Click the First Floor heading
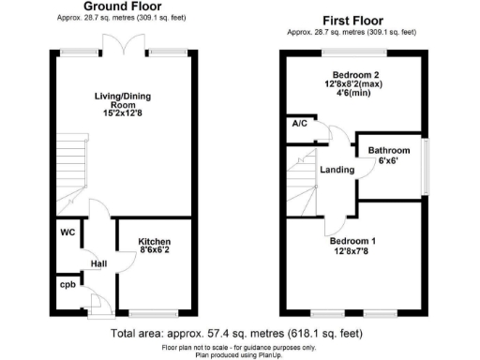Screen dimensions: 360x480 click(355, 19)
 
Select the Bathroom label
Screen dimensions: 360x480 click(388, 150)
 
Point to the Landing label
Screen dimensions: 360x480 click(336, 170)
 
